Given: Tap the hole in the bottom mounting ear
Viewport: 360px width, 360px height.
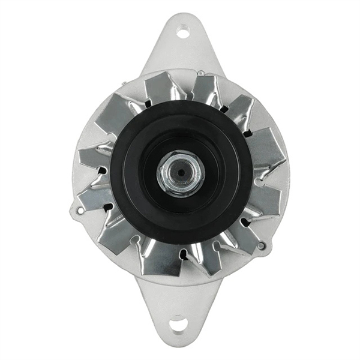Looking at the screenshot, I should tap(178, 325).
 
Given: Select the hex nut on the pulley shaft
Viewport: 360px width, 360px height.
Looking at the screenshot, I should tap(180, 173).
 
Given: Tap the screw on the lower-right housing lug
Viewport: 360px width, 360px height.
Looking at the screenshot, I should tap(261, 245).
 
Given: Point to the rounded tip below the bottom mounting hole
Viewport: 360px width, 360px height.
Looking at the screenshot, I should tap(178, 342).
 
